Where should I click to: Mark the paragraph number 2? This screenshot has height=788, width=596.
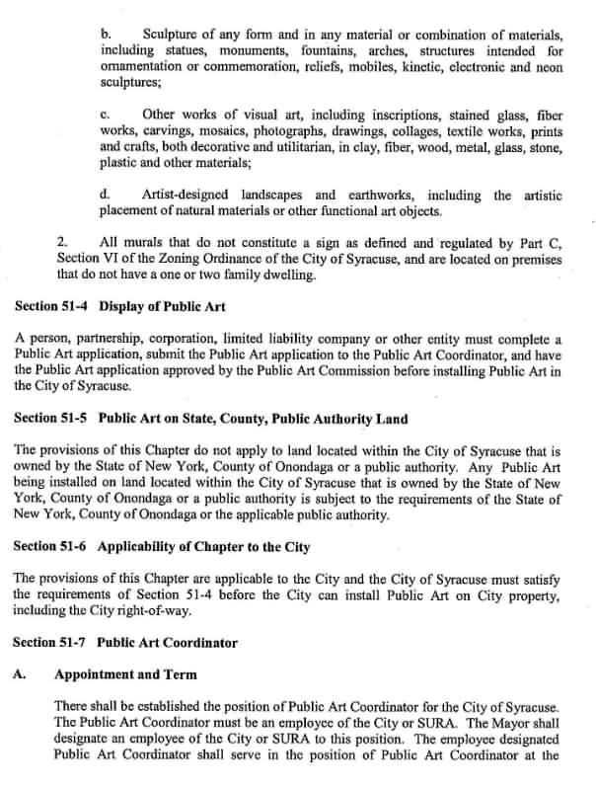point(63,241)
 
